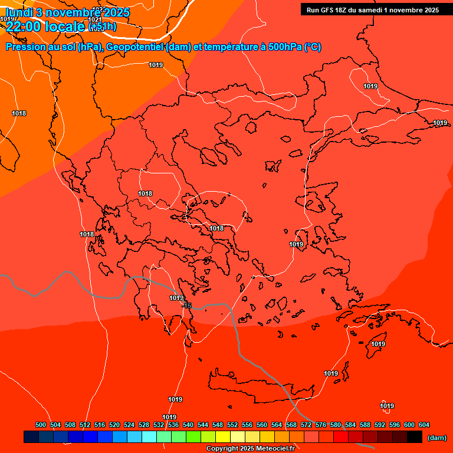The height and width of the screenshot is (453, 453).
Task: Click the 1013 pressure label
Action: [x=176, y=298]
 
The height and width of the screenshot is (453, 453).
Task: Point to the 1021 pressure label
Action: [x=96, y=19]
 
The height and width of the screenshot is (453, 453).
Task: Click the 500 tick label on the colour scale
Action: [x=41, y=425]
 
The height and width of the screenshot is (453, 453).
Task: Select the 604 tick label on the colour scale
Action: [x=424, y=425]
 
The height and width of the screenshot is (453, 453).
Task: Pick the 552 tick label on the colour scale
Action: [x=232, y=425]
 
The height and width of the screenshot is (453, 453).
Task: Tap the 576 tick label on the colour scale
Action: [x=321, y=425]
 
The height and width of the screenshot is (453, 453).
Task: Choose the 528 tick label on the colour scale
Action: [x=144, y=425]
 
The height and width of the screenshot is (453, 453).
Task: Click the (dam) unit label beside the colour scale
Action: [x=436, y=438]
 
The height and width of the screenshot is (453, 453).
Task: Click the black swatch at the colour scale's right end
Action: [x=415, y=437]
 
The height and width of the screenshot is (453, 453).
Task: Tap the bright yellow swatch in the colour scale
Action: [x=222, y=437]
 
